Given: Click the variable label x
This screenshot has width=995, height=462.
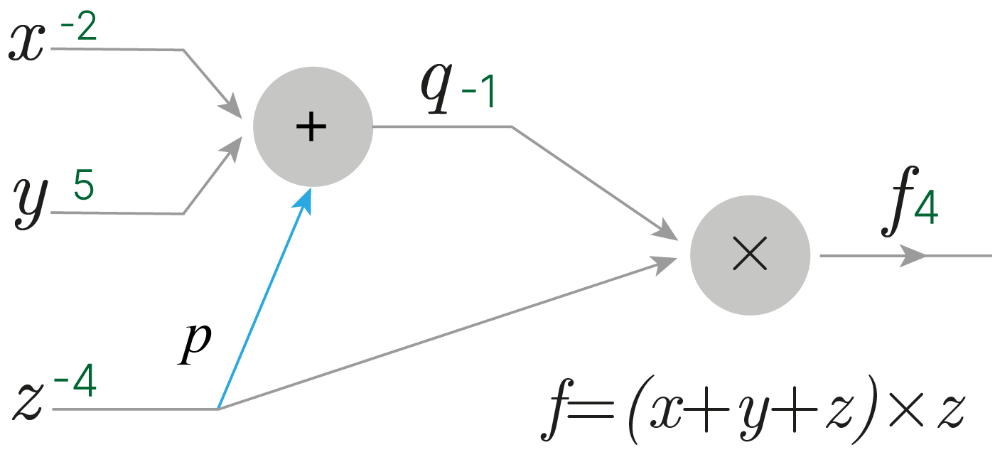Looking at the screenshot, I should click(x=26, y=45).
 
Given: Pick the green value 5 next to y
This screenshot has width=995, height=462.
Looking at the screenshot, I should click(x=83, y=186).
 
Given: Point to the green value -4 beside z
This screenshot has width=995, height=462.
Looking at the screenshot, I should click(x=75, y=385).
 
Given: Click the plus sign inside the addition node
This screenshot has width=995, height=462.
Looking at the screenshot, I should click(x=311, y=127).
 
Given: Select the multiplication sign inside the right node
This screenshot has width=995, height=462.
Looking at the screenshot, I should click(x=749, y=254).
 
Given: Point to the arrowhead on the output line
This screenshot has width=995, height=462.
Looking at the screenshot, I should click(x=913, y=255).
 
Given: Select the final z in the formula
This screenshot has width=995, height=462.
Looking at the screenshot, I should click(x=949, y=413).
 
